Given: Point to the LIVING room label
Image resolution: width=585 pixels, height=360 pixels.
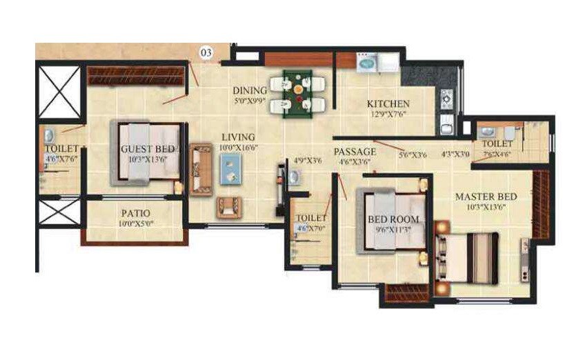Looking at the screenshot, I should (x=237, y=137).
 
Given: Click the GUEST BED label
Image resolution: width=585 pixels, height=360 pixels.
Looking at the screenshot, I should (x=147, y=148).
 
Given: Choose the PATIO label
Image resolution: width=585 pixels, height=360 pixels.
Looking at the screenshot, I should (x=136, y=213).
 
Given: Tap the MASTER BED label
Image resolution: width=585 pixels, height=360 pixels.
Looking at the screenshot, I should (x=486, y=197).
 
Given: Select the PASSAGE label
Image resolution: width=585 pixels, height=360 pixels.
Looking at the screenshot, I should (x=355, y=151).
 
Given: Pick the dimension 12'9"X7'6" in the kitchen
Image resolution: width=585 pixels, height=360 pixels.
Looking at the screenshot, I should (x=388, y=114).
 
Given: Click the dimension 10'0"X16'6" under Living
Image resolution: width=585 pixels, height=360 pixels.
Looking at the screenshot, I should (x=238, y=147).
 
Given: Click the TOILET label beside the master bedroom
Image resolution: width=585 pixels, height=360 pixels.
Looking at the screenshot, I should (x=497, y=143).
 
